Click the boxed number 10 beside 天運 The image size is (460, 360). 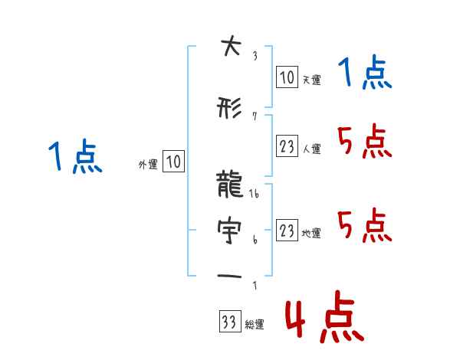pos(287,77)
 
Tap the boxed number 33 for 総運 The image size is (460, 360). pos(228,322)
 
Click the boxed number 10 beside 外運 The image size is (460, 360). pos(173,162)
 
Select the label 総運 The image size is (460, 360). pos(254,325)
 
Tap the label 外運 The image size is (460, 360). pos(147,164)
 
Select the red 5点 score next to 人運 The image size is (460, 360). pos(364,142)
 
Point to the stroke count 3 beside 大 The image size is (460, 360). pos(254,55)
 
